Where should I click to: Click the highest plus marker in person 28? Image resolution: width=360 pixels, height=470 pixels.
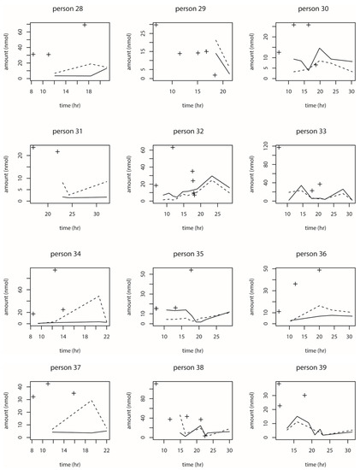[x=85, y=25]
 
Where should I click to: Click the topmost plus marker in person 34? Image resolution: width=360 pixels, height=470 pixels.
[x=56, y=270]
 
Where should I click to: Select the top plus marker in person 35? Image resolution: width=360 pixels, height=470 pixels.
[x=192, y=270]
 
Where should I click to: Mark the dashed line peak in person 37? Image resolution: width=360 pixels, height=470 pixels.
[x=91, y=400]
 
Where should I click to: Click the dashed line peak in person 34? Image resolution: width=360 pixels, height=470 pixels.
[x=99, y=296]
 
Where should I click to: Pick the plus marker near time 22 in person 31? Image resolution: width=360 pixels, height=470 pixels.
[x=57, y=152]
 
